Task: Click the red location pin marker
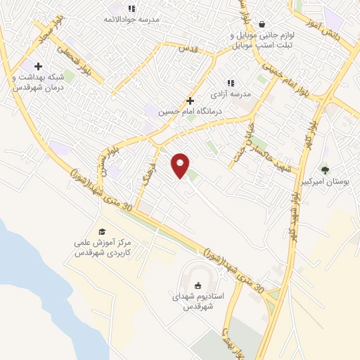pos(181,165)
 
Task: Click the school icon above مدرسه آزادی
pos(230,83)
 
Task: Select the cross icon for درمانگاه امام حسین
pos(190,101)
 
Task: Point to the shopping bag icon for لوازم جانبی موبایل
pos(262,23)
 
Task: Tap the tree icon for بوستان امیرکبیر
pos(324,169)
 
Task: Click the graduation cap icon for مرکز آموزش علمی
pos(102,231)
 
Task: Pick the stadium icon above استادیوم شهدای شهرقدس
pos(198,285)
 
